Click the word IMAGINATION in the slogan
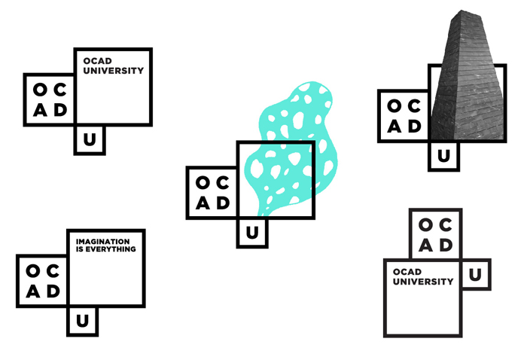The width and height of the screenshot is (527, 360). [x=102, y=242]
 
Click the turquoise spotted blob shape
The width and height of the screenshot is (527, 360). [x=291, y=148]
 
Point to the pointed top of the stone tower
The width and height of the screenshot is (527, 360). [x=462, y=11]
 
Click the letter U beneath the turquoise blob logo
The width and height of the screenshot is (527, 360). [x=252, y=233]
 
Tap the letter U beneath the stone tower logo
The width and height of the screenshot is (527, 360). [x=443, y=156]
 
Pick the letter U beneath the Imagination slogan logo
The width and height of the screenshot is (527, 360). [x=82, y=321]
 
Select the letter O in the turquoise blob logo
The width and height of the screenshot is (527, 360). [x=203, y=183]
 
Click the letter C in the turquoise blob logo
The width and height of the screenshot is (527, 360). [x=223, y=183]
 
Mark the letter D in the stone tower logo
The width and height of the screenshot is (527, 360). [x=415, y=127]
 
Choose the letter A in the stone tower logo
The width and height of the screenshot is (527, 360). [x=394, y=127]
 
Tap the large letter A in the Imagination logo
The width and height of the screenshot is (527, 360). [x=33, y=291]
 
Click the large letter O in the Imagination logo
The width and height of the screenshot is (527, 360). [x=33, y=271]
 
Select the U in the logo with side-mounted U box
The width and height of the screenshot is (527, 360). [x=475, y=275]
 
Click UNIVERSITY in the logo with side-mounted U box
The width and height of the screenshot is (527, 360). [x=423, y=282]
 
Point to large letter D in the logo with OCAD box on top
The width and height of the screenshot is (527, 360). [x=446, y=246]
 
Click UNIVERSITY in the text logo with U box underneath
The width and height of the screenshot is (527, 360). [x=114, y=71]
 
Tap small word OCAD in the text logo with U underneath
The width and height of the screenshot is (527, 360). [x=97, y=61]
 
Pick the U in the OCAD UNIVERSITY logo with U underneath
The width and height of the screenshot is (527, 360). [x=90, y=139]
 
